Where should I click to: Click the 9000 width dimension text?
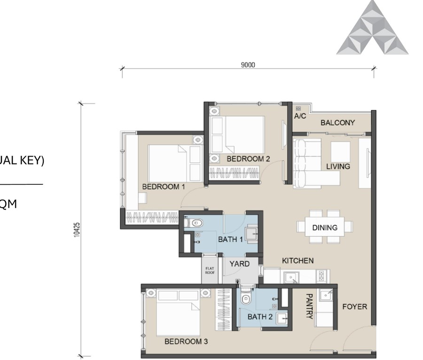[x=248, y=65]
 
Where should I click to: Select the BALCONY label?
[x=337, y=123]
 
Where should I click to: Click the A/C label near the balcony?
[x=300, y=116]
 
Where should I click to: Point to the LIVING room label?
[x=338, y=166]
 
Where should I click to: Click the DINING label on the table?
[x=325, y=228]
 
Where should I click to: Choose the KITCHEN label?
[x=298, y=260]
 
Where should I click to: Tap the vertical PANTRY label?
[x=309, y=306]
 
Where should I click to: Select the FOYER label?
[x=354, y=307]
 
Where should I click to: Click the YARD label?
[x=239, y=264]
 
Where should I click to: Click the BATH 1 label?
[x=230, y=239]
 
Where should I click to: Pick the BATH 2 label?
[x=260, y=317]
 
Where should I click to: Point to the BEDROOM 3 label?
[x=186, y=341]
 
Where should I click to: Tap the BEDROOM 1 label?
[x=164, y=187]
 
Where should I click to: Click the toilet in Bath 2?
[x=245, y=298]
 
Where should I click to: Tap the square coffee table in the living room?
[x=340, y=151]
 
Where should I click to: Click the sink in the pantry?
[x=326, y=296]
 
